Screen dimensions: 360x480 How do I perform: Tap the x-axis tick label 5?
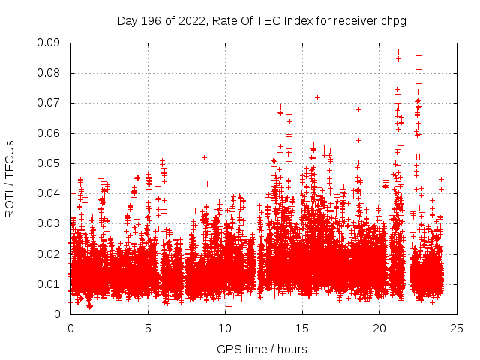click(148, 328)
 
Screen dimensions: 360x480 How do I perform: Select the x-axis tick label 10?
click(225, 328)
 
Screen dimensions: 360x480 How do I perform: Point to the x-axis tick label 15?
click(302, 328)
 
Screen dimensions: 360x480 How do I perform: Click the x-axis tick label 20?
click(380, 328)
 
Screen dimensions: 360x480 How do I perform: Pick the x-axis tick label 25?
click(457, 328)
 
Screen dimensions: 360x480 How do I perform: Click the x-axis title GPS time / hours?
click(262, 349)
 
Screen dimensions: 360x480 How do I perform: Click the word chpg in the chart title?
click(394, 20)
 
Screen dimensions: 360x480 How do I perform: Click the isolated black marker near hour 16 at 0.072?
click(317, 97)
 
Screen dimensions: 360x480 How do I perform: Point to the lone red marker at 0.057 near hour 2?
click(100, 142)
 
